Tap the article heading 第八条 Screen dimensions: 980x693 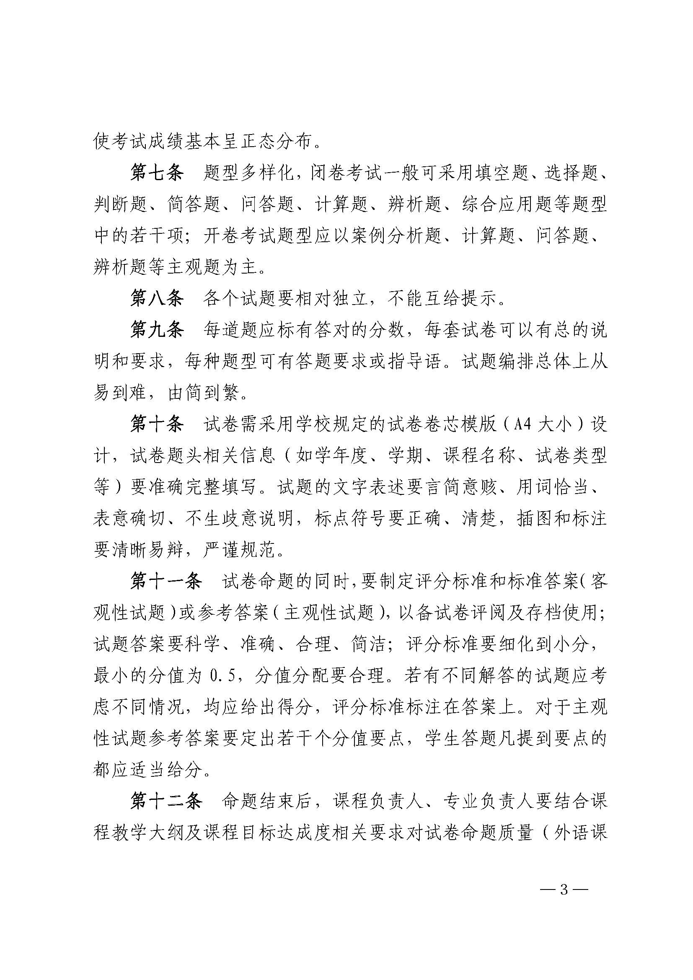coord(157,299)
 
